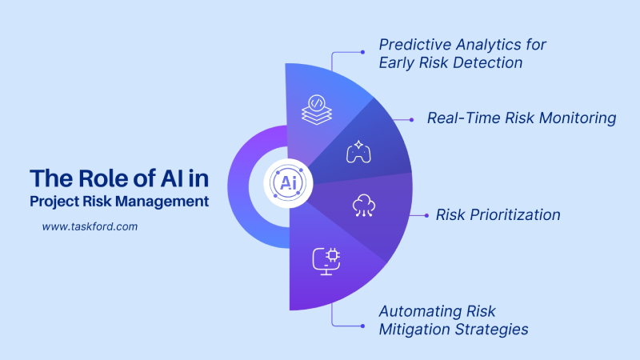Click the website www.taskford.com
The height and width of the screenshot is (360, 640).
click(x=90, y=226)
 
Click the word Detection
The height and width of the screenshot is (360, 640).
click(x=485, y=62)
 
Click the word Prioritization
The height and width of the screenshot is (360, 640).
click(x=514, y=214)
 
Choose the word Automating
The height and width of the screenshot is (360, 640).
click(x=414, y=310)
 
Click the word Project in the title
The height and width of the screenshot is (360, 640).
click(x=56, y=202)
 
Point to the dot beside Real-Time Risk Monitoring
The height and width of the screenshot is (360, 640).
click(x=412, y=119)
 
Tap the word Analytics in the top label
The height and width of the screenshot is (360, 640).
click(x=478, y=44)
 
